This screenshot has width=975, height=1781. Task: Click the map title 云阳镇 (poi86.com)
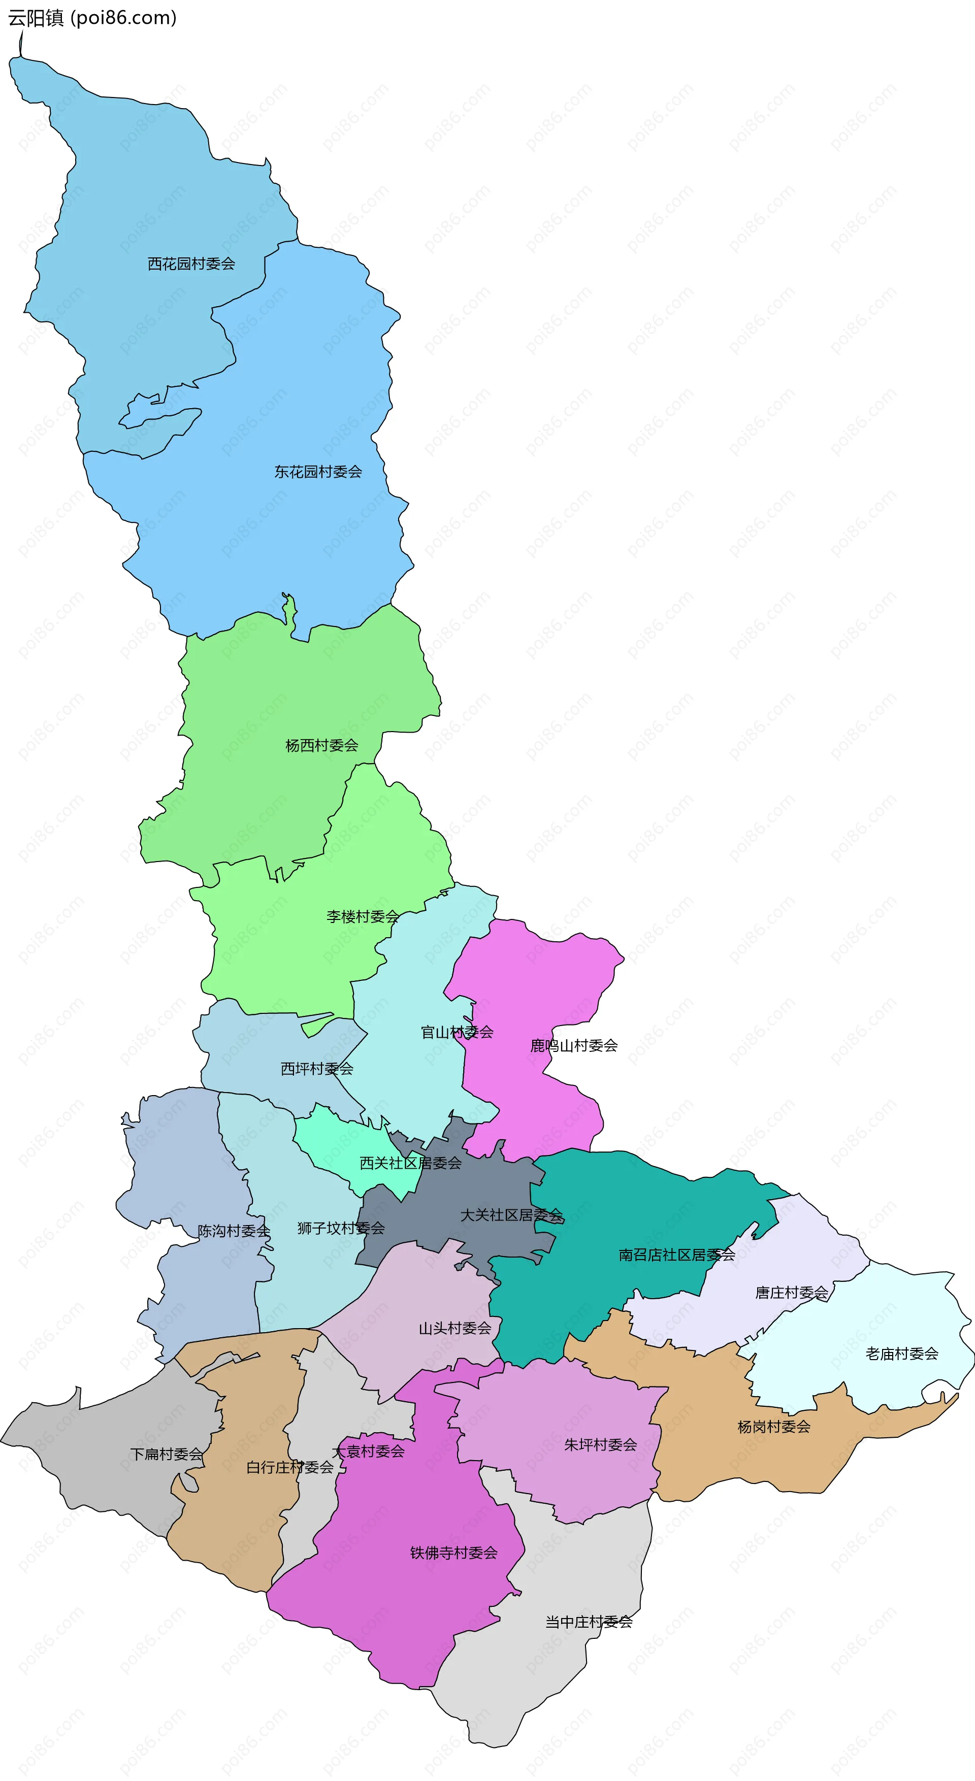(x=92, y=18)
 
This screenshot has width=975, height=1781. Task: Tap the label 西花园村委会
(x=191, y=264)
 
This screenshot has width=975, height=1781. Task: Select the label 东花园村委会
(x=318, y=472)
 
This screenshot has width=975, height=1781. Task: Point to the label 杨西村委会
(x=321, y=746)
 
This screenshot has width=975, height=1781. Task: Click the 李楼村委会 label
(x=363, y=917)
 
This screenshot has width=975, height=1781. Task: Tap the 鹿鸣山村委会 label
(x=574, y=1046)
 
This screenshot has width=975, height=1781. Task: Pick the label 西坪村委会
(x=317, y=1069)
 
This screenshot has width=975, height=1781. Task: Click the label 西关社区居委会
(x=411, y=1164)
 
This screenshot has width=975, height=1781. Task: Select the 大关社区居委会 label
(x=512, y=1215)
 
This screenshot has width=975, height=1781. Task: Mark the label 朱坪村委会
(x=600, y=1445)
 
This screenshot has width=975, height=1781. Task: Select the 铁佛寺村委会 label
(x=453, y=1554)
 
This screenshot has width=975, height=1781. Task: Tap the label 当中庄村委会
(x=589, y=1622)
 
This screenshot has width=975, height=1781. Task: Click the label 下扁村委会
(x=167, y=1455)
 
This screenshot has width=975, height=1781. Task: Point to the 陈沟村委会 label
(x=234, y=1231)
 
